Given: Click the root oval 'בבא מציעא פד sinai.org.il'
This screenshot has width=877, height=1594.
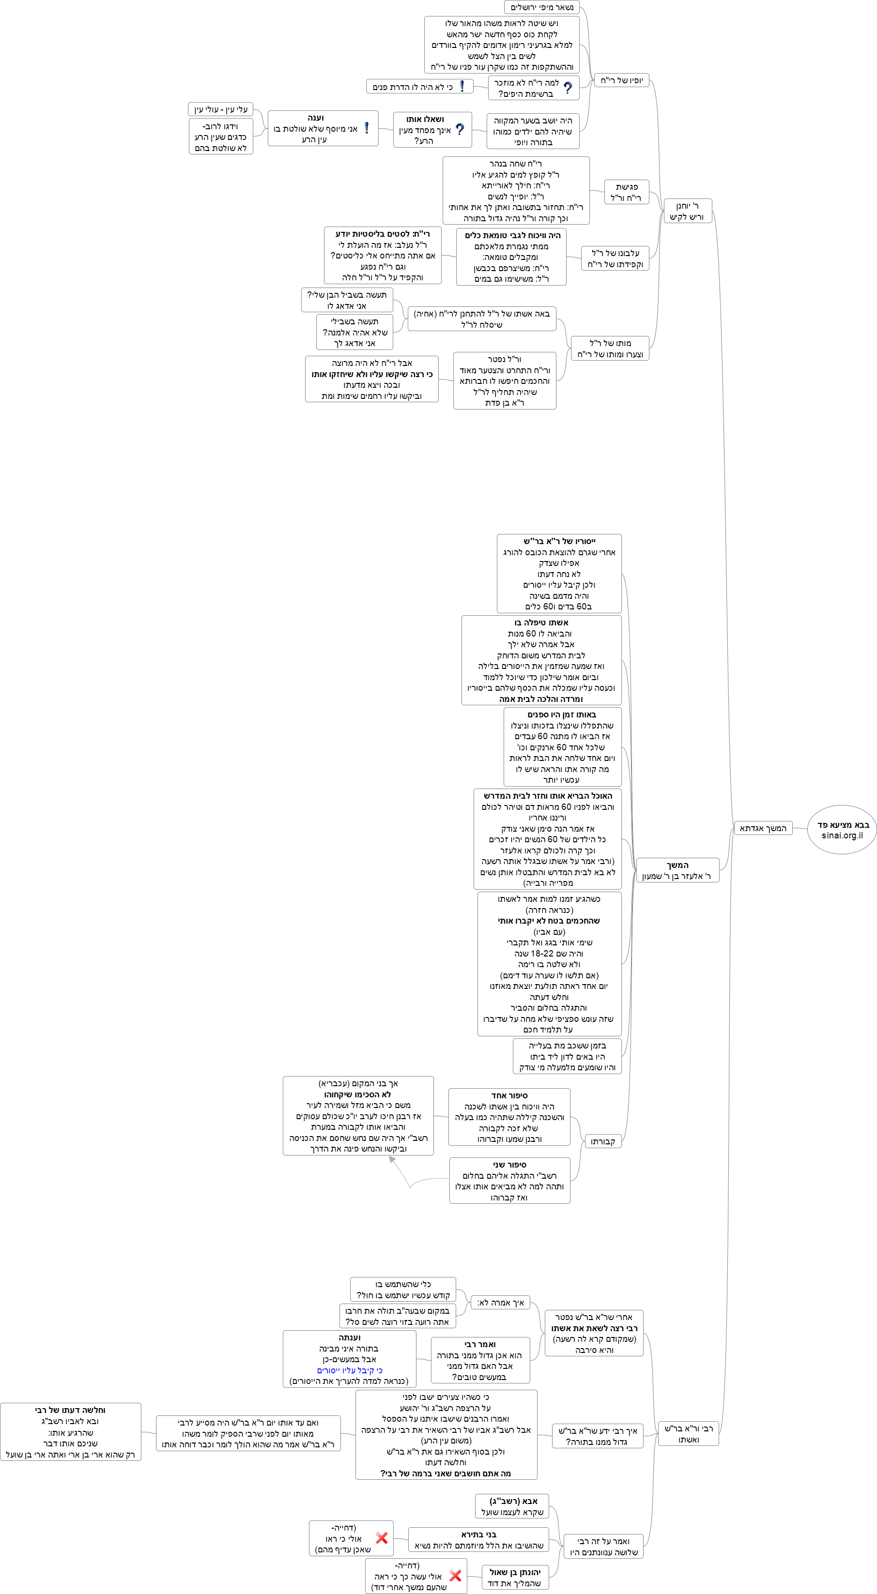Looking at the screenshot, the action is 842,830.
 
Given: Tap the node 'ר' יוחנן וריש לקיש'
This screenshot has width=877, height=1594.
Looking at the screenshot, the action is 687,211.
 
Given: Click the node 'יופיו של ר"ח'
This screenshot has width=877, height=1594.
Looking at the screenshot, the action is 621,80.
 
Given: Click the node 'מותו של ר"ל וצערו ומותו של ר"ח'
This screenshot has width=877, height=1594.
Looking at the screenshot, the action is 610,349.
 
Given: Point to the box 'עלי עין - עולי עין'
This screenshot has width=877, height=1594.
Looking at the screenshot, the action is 220,109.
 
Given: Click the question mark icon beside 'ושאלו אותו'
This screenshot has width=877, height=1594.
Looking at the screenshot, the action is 459,129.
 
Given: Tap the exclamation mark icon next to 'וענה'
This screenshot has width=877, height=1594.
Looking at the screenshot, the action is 367,128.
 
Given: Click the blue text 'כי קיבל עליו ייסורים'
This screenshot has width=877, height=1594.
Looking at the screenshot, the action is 350,1371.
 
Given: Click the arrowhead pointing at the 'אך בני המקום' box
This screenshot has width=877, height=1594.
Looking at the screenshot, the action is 392,1160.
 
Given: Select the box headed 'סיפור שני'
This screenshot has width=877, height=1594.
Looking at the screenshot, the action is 509,1181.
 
